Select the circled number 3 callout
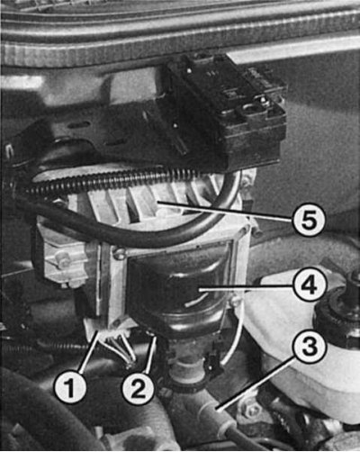tap(310, 349)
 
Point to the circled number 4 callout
tap(310, 285)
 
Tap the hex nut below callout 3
tap(250, 408)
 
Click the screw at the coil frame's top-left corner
tap(119, 253)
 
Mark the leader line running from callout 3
tap(255, 382)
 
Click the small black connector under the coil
tap(214, 362)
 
